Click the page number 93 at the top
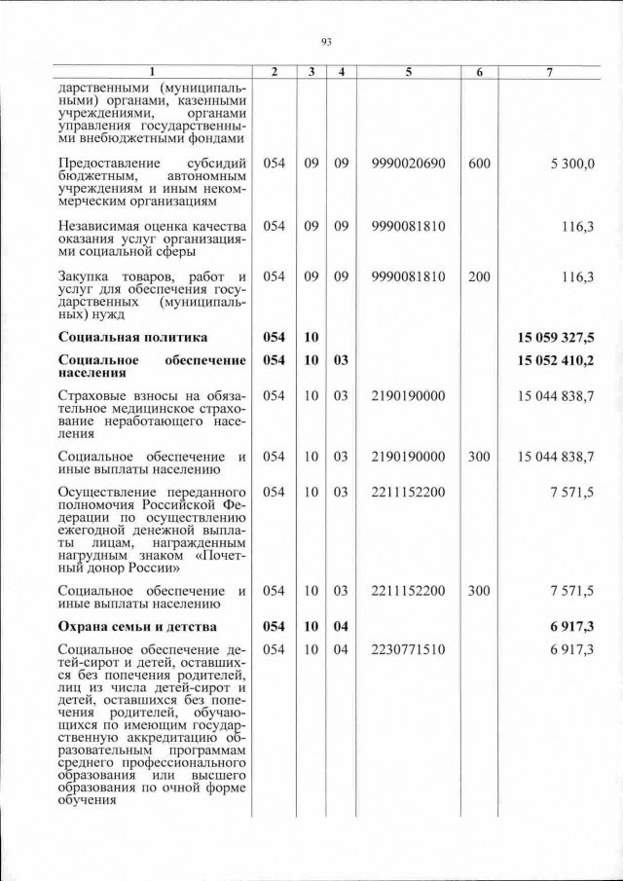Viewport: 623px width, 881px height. [326, 41]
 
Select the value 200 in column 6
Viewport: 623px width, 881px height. [479, 276]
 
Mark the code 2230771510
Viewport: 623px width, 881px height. [408, 649]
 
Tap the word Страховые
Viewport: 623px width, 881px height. [93, 396]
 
